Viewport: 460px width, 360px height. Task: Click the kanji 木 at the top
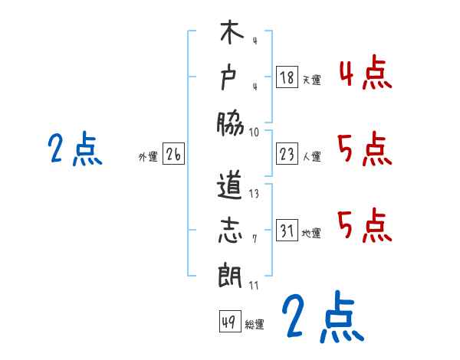pos(230,35)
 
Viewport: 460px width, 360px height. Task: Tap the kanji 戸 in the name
pos(230,77)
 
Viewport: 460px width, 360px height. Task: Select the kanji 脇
pos(230,120)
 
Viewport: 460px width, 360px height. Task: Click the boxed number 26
pos(173,155)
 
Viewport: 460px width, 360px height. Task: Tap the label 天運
pos(312,80)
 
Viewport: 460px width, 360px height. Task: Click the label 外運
pos(147,157)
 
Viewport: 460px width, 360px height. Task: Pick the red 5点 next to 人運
pos(364,149)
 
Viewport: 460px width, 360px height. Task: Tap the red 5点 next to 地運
pos(364,224)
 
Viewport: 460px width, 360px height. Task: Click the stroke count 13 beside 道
pos(254,195)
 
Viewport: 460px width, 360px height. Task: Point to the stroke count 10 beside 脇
pos(254,132)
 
